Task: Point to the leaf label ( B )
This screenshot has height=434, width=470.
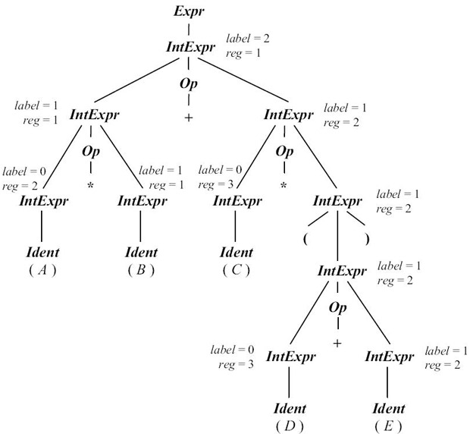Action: [140, 269]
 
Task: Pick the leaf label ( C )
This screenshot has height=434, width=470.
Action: [236, 269]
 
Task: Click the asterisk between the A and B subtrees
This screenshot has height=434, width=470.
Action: [91, 184]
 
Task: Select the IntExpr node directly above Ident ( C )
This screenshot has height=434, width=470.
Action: [236, 201]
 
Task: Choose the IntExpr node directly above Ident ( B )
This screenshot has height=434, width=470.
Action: [141, 201]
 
